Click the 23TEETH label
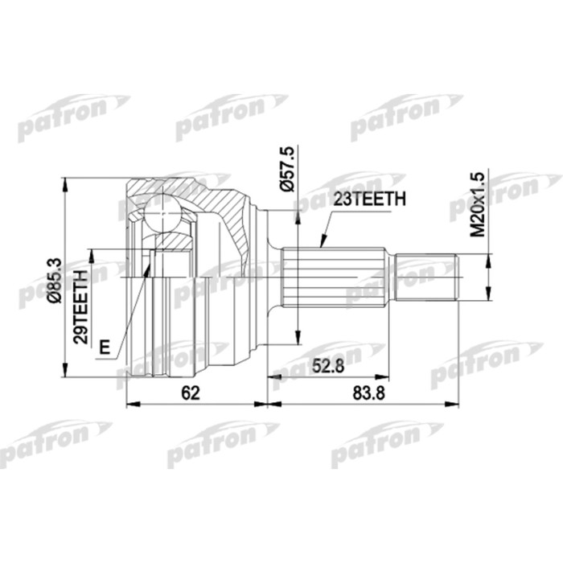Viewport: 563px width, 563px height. [x=371, y=199]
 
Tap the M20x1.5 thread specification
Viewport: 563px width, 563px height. [x=477, y=203]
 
